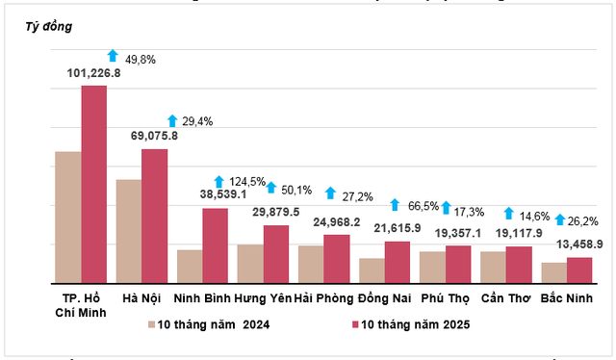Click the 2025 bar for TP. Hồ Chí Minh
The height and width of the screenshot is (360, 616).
pyautogui.click(x=93, y=183)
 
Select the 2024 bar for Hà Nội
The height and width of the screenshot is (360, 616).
pyautogui.click(x=128, y=230)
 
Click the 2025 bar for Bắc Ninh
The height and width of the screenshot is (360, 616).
pyautogui.click(x=579, y=270)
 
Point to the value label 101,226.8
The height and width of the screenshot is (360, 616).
pyautogui.click(x=93, y=72)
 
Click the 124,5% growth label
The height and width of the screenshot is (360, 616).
pyautogui.click(x=247, y=181)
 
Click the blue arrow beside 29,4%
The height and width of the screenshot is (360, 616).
pyautogui.click(x=172, y=121)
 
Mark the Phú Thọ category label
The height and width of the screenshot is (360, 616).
pyautogui.click(x=446, y=297)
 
